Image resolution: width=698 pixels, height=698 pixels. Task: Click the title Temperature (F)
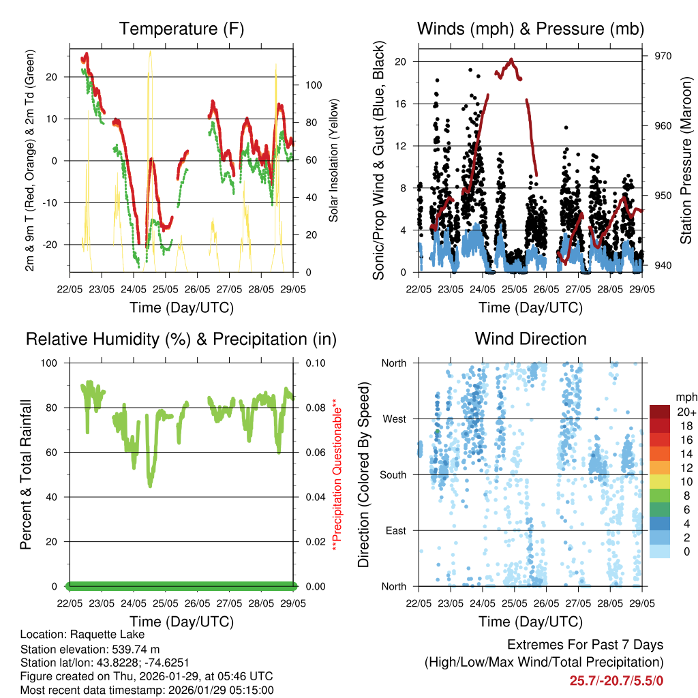click(x=181, y=29)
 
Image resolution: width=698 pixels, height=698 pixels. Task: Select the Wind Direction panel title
click(x=530, y=339)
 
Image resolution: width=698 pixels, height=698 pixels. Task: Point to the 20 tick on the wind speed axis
click(x=401, y=61)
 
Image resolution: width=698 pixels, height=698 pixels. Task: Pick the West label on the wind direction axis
click(x=394, y=419)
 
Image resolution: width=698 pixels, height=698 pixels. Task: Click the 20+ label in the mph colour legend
click(x=686, y=412)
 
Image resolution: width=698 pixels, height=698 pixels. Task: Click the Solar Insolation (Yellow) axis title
click(x=334, y=160)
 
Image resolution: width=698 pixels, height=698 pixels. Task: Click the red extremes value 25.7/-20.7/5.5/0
click(x=616, y=680)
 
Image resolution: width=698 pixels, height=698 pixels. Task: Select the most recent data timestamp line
click(x=147, y=690)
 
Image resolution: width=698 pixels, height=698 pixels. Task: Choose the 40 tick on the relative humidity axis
click(x=54, y=497)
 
